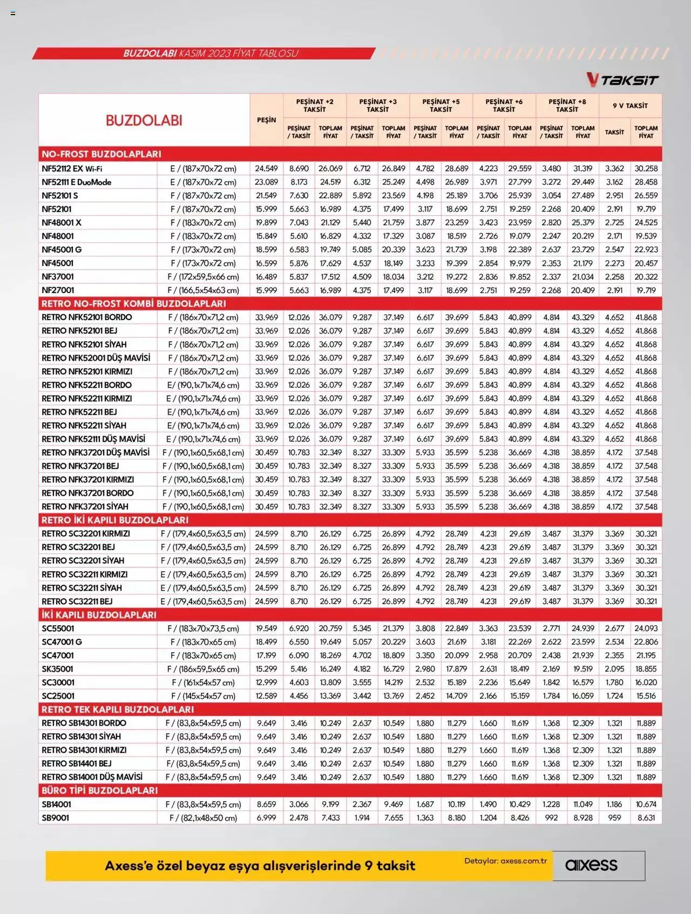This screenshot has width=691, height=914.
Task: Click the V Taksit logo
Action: tap(622, 80)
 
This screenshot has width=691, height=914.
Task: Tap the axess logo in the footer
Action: tap(591, 865)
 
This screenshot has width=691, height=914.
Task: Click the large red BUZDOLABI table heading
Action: tap(144, 120)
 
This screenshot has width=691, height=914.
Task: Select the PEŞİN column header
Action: tap(266, 120)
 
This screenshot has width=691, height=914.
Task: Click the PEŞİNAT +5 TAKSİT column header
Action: tap(441, 105)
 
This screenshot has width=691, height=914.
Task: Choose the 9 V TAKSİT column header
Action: tap(630, 105)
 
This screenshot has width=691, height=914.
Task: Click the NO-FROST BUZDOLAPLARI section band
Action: tap(101, 154)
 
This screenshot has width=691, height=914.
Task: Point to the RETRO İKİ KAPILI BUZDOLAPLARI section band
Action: tap(115, 520)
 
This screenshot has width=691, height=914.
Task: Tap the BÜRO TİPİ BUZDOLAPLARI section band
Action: tap(100, 790)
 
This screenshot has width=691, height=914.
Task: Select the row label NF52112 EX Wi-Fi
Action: tap(72, 168)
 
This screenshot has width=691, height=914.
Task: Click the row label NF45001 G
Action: tap(62, 249)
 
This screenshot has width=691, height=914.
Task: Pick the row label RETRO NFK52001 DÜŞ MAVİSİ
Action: tap(96, 358)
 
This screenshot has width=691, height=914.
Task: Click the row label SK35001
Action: tap(57, 669)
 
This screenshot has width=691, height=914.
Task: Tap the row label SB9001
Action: tap(55, 817)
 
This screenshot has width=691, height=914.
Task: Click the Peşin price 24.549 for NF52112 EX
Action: tap(266, 168)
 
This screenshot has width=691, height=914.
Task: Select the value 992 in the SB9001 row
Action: tap(551, 817)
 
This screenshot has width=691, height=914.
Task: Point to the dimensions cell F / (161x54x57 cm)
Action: tap(203, 682)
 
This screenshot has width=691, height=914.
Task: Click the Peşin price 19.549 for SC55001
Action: tap(266, 628)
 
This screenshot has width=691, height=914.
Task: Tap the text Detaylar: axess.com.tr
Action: tap(505, 861)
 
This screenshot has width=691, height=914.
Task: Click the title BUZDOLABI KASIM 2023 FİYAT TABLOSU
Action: tap(211, 53)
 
